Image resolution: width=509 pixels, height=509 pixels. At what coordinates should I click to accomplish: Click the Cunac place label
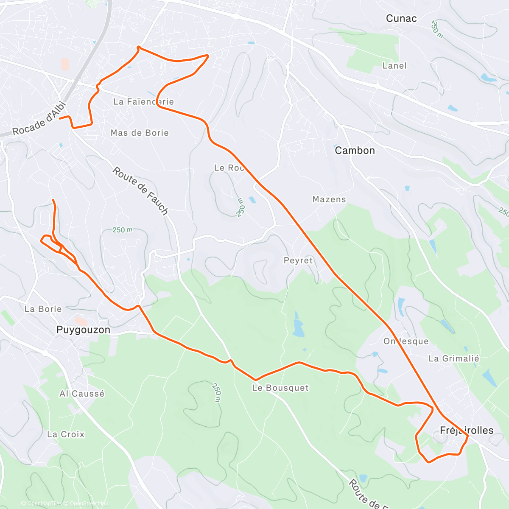pos(401,19)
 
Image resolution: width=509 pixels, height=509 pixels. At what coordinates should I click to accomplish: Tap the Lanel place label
pos(394,66)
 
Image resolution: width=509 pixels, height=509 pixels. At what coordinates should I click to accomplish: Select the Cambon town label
pos(355,151)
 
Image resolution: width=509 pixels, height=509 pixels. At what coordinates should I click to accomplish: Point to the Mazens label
pos(329,199)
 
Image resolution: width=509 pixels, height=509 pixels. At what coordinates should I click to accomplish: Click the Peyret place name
pos(298,260)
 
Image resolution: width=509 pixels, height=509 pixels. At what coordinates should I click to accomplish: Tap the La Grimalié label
pos(453,359)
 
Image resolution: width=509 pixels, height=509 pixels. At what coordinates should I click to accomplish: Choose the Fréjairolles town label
pos(467,431)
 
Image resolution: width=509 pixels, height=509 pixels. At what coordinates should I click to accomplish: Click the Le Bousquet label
pos(280,388)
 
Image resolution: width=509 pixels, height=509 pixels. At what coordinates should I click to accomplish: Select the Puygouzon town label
pos(83,330)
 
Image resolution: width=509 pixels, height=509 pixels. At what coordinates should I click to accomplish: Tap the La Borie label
pos(43,309)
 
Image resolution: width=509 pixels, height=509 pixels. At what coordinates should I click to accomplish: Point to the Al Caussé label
pos(82,394)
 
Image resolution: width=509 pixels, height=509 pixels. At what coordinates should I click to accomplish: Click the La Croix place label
pos(66,434)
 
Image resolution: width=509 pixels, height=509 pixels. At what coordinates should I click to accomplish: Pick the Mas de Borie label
pos(140,133)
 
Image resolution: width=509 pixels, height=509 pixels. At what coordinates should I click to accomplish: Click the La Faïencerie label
pos(143,102)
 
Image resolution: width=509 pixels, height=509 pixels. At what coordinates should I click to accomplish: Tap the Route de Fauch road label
pos(140,190)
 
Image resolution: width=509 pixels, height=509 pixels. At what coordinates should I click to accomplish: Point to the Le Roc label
pos(229,168)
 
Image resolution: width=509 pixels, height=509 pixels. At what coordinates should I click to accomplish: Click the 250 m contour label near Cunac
pos(436,29)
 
